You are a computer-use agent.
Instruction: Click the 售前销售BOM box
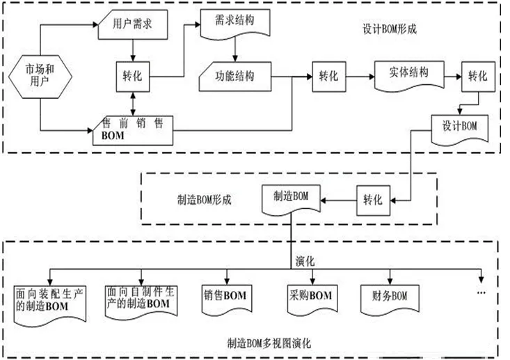click(x=132, y=129)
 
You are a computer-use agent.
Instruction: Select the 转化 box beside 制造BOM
click(x=373, y=199)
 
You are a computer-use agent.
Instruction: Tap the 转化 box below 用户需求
click(x=132, y=75)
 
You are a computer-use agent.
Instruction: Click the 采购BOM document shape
click(x=309, y=297)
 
